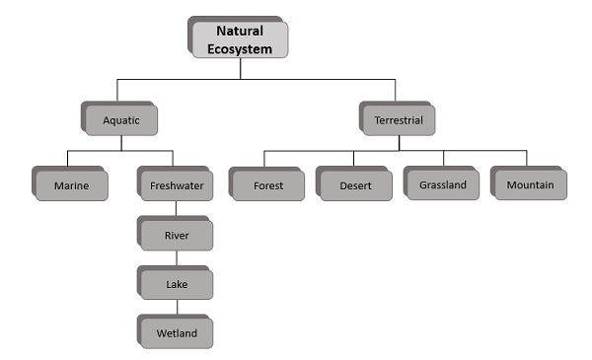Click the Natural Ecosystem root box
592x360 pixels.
(239, 38)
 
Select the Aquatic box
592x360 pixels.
(122, 120)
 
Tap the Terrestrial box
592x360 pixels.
(399, 120)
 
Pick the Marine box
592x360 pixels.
(71, 184)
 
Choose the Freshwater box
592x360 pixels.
(177, 184)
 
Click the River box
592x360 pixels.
(177, 235)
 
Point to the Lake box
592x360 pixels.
(177, 284)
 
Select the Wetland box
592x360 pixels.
(177, 333)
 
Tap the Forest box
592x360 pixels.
(267, 184)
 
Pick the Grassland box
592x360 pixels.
(442, 184)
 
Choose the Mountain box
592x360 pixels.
(530, 184)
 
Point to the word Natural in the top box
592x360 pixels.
(239, 31)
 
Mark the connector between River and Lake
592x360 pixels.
(177, 259)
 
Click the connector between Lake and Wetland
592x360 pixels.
(177, 309)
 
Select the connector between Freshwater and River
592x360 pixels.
(177, 210)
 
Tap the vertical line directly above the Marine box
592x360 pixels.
(67, 160)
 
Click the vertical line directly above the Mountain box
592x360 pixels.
(526, 160)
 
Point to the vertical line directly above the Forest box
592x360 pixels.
(264, 160)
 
